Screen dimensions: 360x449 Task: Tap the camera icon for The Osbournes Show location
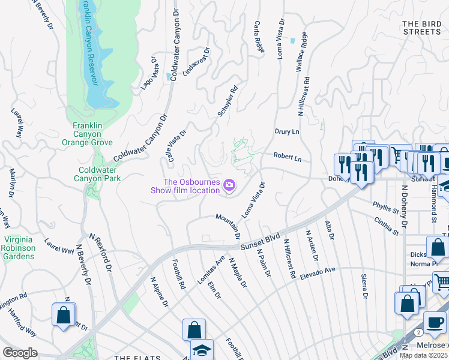point(229,186)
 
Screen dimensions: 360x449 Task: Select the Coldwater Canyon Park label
point(97,174)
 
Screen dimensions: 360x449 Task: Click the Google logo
point(20,353)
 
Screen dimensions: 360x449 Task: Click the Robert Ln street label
point(287,157)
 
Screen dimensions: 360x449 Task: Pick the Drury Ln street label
point(286,130)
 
